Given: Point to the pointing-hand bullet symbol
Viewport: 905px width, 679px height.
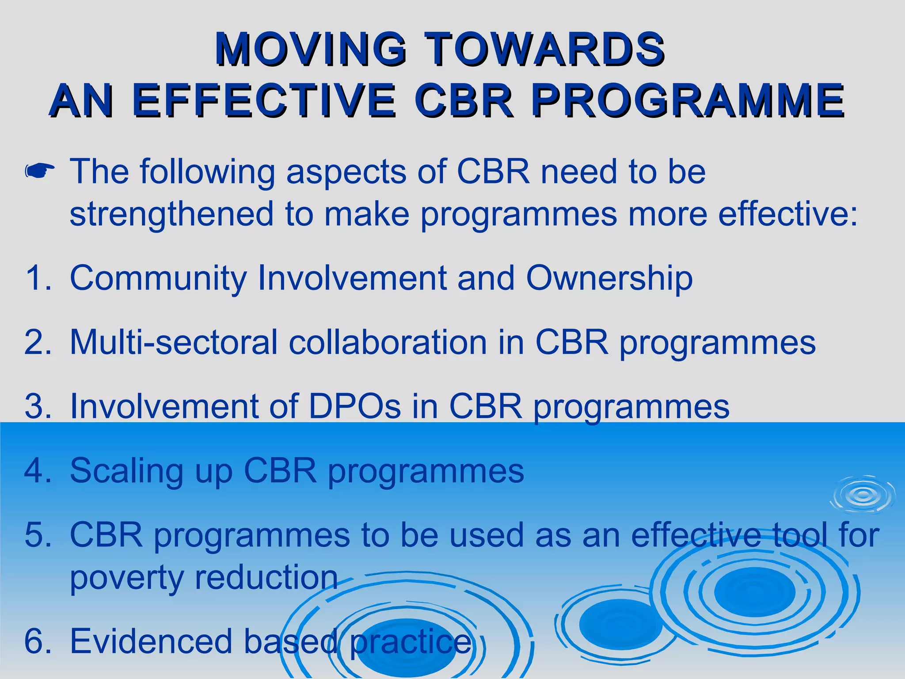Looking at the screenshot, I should tap(40, 172).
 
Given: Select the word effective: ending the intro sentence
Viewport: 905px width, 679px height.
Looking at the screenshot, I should tap(787, 214).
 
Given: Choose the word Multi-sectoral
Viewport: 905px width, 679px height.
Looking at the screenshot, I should tap(173, 342).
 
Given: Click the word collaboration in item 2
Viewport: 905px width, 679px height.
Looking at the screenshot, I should tap(388, 342).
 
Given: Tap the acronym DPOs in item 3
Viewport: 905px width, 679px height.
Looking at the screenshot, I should tap(354, 406).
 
